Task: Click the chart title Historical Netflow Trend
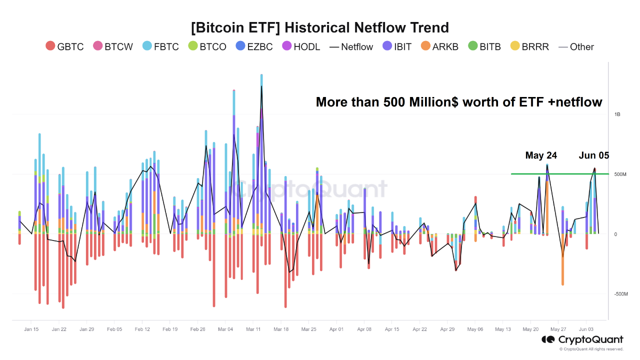[320, 27]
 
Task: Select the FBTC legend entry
[160, 46]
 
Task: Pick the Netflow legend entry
[351, 46]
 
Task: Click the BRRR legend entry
[529, 46]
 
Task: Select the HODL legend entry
[301, 46]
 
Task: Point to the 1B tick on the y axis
[617, 114]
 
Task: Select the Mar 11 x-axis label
[253, 329]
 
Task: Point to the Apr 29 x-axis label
[447, 329]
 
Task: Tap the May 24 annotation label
[541, 155]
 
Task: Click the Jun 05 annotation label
[594, 155]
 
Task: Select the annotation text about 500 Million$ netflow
[459, 102]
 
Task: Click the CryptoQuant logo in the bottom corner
[582, 340]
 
